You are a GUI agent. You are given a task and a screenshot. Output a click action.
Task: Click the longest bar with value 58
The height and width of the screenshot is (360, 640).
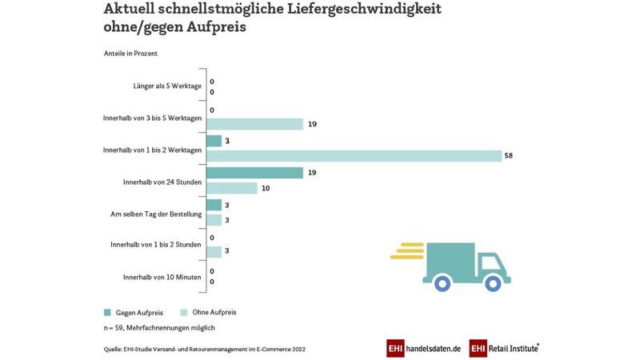point(354,156)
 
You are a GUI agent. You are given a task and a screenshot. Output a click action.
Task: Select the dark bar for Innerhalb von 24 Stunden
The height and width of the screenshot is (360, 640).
point(254,173)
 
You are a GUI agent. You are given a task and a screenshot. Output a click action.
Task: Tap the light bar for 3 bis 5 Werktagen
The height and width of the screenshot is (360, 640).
point(254,124)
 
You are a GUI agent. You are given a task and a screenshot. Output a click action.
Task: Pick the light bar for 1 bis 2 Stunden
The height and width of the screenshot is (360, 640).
point(214,252)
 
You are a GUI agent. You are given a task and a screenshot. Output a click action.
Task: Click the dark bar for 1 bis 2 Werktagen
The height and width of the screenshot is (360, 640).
point(214,141)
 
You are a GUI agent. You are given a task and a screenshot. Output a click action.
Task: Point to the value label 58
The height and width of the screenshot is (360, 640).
point(508,156)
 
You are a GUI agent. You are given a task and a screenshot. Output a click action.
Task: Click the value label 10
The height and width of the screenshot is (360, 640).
point(266,188)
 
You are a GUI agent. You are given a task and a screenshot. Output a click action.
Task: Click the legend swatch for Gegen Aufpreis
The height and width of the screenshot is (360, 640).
point(107,312)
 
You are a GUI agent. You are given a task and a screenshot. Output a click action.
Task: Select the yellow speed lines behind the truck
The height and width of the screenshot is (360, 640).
point(406,251)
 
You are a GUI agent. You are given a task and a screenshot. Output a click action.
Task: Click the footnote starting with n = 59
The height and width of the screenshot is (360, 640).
point(159,328)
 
